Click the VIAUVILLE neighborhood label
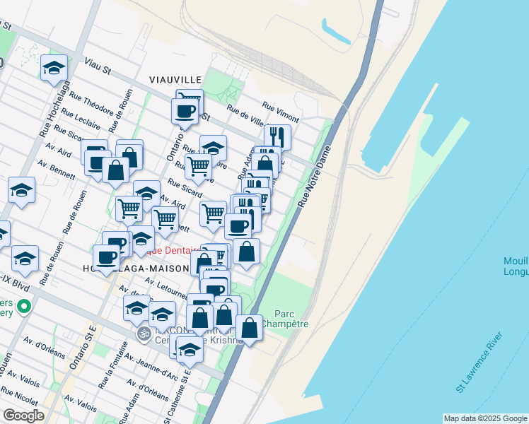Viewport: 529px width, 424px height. tap(175, 79)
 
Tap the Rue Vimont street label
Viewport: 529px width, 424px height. tap(281, 112)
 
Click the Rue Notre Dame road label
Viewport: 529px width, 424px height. tap(315, 182)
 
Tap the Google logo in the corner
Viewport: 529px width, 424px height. tap(23, 416)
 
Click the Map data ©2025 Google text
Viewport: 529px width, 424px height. tap(485, 418)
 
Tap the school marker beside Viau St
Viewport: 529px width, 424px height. tap(54, 68)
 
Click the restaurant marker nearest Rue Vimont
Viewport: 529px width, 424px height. tap(278, 135)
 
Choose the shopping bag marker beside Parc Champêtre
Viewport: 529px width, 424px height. tap(250, 327)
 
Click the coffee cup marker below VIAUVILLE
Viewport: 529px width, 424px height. tap(185, 111)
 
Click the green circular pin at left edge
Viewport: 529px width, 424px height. tap(24, 307)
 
